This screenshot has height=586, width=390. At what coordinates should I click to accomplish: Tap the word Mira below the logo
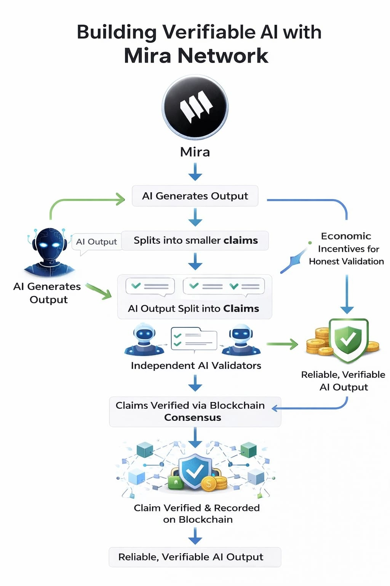pyautogui.click(x=195, y=152)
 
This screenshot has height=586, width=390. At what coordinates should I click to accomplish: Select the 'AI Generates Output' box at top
pyautogui.click(x=195, y=196)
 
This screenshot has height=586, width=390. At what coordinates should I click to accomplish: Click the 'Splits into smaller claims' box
pyautogui.click(x=195, y=240)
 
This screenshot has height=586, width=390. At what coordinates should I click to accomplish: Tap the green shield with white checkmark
pyautogui.click(x=348, y=339)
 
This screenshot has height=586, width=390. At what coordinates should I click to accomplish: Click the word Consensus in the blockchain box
pyautogui.click(x=192, y=417)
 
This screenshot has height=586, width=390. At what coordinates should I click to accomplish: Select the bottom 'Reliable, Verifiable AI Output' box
pyautogui.click(x=195, y=557)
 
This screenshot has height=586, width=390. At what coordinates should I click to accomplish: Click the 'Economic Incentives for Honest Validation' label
pyautogui.click(x=346, y=249)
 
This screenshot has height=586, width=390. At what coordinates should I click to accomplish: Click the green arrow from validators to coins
pyautogui.click(x=283, y=344)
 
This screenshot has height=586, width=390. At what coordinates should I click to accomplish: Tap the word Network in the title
pyautogui.click(x=222, y=56)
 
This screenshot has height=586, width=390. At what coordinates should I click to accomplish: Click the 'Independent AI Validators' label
pyautogui.click(x=196, y=365)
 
